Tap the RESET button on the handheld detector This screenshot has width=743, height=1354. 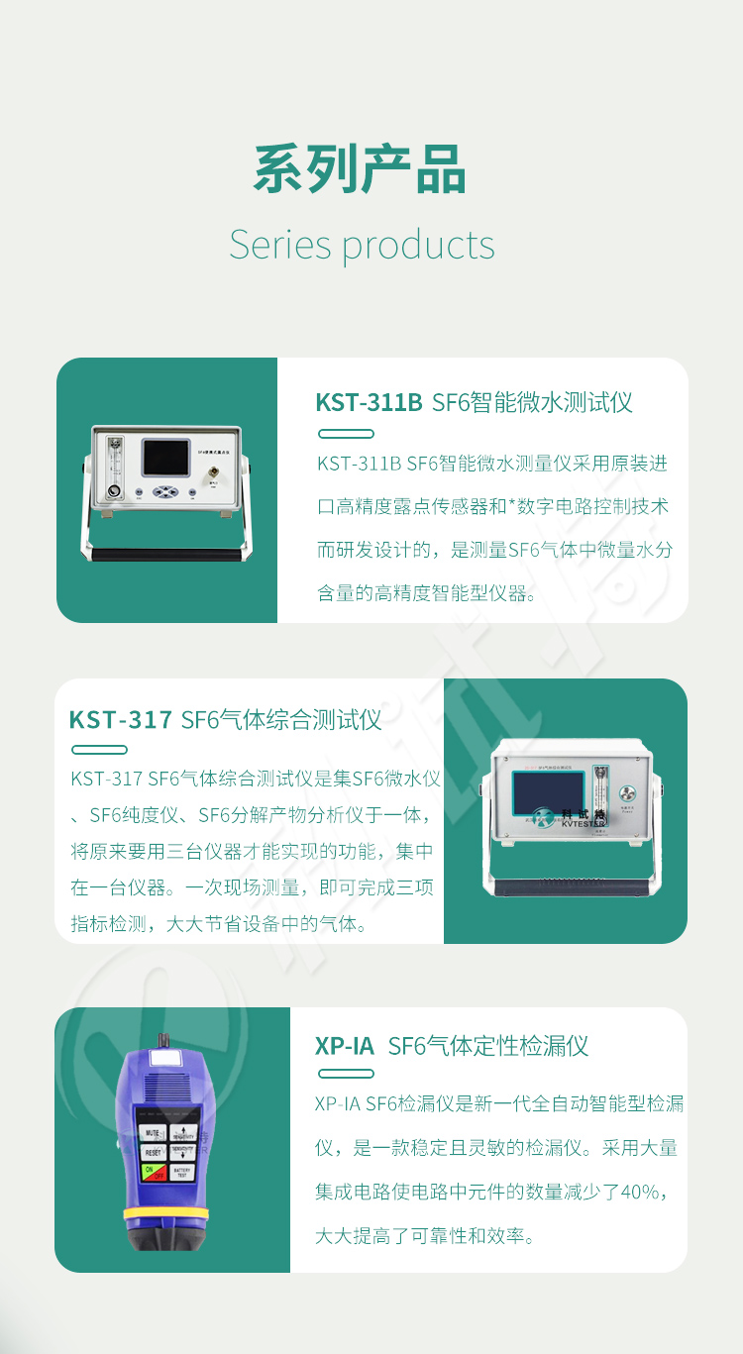[x=154, y=1152]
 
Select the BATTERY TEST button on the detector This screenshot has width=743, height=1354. [x=182, y=1172]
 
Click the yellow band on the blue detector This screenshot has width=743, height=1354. [x=165, y=1213]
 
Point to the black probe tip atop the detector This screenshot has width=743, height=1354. [x=162, y=1041]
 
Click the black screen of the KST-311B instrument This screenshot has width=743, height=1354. [x=165, y=459]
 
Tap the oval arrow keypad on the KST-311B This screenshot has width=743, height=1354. [x=165, y=492]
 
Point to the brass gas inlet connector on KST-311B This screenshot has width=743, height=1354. [x=213, y=472]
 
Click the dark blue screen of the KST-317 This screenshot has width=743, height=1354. [x=548, y=792]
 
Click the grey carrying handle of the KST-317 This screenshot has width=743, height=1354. [x=573, y=886]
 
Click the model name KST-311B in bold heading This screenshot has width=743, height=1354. [x=369, y=402]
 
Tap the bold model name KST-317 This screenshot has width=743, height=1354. [x=121, y=720]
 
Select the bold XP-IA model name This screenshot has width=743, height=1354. [x=345, y=1046]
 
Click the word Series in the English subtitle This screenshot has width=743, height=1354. [x=280, y=245]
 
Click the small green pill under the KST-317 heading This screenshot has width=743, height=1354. [x=99, y=750]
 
